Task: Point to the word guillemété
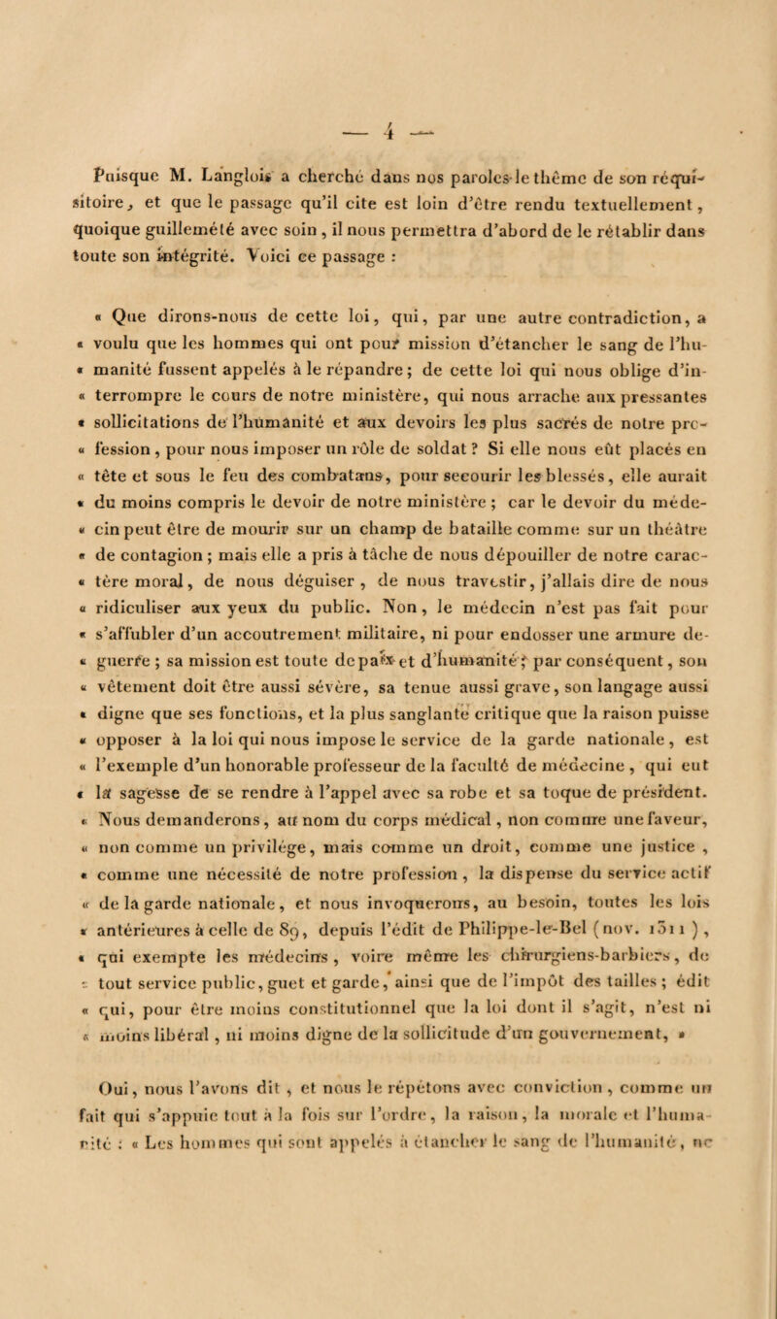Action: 185,206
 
